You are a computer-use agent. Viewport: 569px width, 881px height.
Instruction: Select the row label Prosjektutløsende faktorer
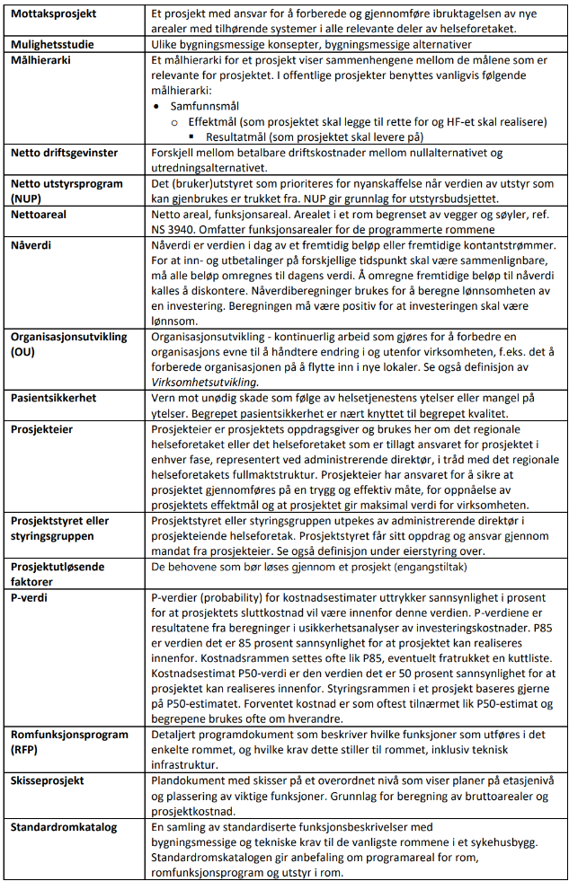[x=57, y=574]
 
